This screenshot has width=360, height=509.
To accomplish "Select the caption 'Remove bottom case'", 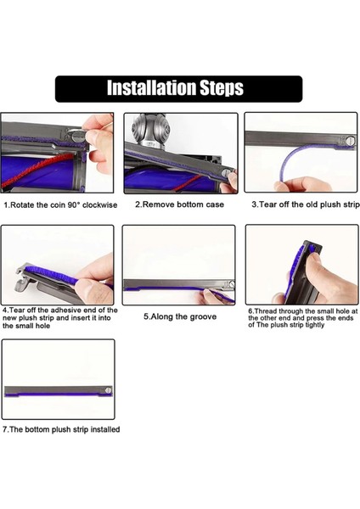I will click(179, 204).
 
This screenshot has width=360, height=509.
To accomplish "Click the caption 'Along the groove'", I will click(179, 316).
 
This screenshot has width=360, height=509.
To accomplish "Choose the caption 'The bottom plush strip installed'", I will click(61, 429).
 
